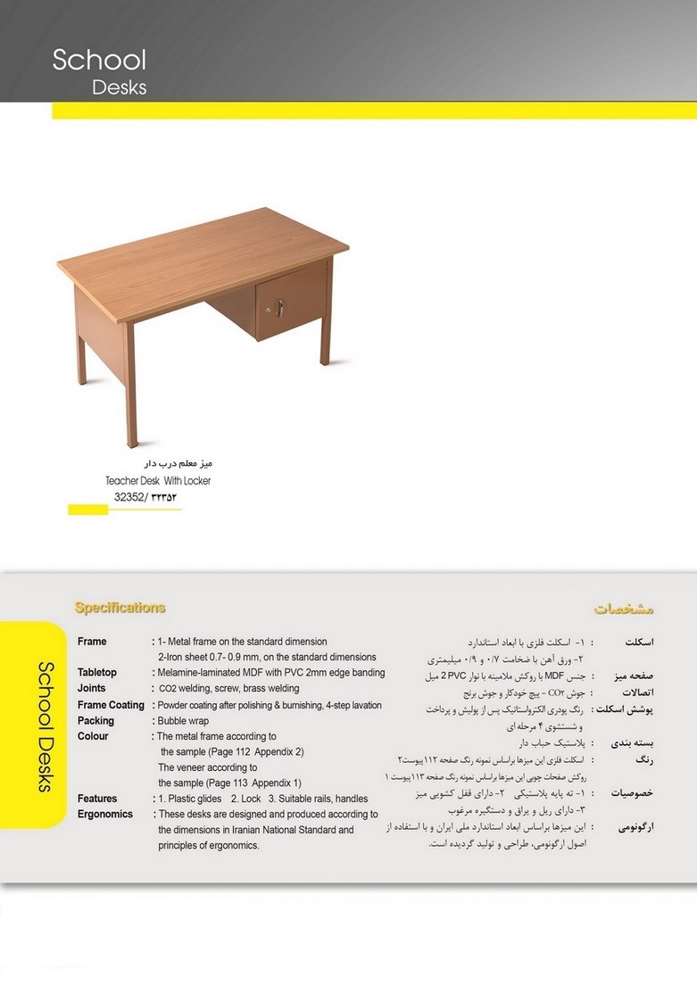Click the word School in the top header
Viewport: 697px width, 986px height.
[99, 60]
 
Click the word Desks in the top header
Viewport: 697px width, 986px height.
[120, 87]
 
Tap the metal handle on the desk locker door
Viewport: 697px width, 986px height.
[279, 308]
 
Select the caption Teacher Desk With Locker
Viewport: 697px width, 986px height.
[158, 480]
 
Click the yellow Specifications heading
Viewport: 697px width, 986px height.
[120, 608]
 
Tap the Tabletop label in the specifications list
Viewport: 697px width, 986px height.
[97, 672]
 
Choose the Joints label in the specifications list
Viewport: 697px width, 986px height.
[91, 688]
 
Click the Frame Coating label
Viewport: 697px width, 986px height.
[111, 704]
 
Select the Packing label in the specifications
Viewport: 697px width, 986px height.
[95, 720]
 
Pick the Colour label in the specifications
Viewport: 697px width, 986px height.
[93, 736]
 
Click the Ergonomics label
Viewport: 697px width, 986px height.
[105, 814]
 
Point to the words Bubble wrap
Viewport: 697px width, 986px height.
[183, 720]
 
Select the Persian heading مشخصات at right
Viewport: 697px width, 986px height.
[624, 609]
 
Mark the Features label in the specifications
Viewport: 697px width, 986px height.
[97, 799]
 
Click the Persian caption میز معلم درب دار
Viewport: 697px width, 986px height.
[178, 464]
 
